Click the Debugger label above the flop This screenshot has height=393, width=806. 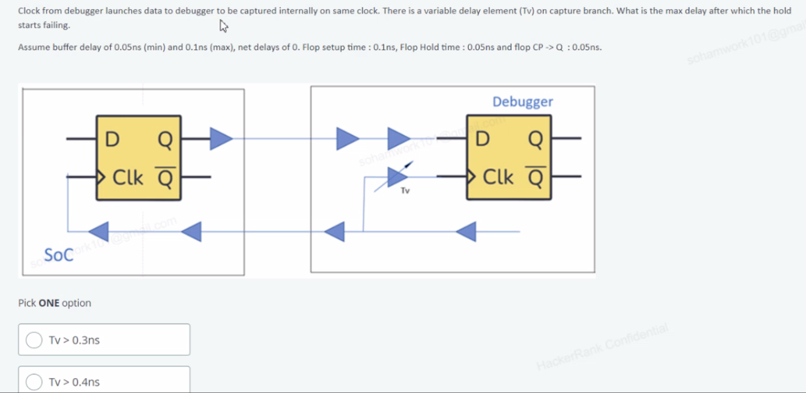pyautogui.click(x=522, y=102)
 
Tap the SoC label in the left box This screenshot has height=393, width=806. pyautogui.click(x=59, y=255)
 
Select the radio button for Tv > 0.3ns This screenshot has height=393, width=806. pyautogui.click(x=34, y=340)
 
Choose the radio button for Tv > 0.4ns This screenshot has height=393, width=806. pyautogui.click(x=34, y=382)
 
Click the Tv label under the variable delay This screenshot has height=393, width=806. pyautogui.click(x=405, y=191)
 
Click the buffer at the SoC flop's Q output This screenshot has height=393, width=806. pyautogui.click(x=221, y=138)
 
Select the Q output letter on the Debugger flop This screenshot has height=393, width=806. pyautogui.click(x=535, y=139)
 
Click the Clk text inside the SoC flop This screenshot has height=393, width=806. pyautogui.click(x=128, y=177)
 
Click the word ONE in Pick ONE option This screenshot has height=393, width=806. pyautogui.click(x=49, y=303)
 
